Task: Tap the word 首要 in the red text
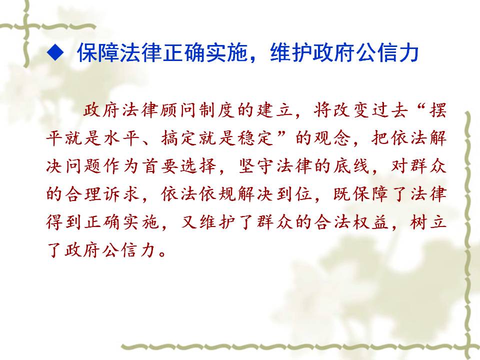tap(160, 166)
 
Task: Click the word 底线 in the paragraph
tap(352, 166)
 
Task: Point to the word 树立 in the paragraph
tap(428, 222)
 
